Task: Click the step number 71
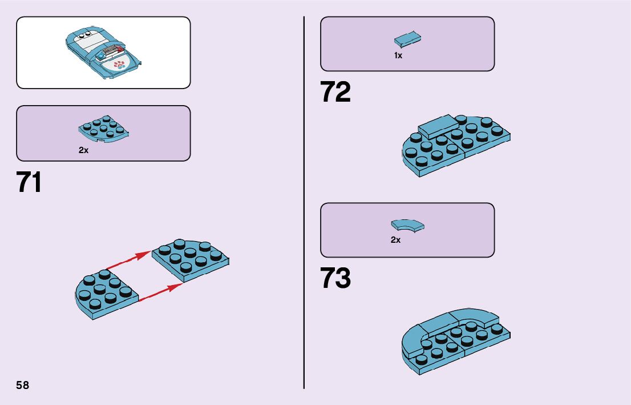click(x=29, y=182)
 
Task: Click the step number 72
click(x=335, y=93)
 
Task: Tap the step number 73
click(x=335, y=279)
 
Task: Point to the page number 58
click(x=22, y=385)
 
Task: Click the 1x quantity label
click(x=398, y=56)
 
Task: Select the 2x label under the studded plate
click(x=84, y=151)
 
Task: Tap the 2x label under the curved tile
click(x=395, y=240)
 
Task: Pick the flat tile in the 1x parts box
click(x=407, y=40)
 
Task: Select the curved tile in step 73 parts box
click(x=407, y=225)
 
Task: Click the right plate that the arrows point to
click(x=191, y=259)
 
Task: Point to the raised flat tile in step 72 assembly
click(x=438, y=125)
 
